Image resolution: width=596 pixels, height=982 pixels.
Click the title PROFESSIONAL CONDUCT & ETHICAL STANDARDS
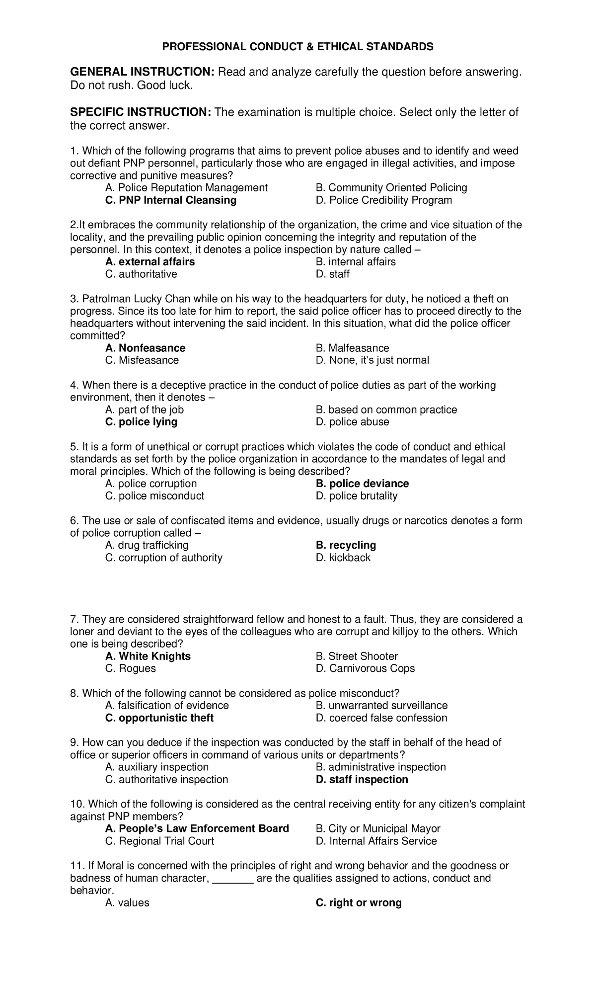(x=298, y=47)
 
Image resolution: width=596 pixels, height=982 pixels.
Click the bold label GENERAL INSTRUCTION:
(x=142, y=72)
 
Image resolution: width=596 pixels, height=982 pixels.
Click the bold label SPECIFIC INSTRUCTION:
(x=141, y=112)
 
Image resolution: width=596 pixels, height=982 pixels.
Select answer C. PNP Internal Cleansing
(x=171, y=200)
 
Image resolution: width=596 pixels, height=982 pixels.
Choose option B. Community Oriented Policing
(x=391, y=188)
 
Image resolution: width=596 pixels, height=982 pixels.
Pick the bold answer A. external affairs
(x=150, y=262)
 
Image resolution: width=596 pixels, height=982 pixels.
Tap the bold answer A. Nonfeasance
(x=146, y=348)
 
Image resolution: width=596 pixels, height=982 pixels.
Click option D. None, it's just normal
(x=372, y=360)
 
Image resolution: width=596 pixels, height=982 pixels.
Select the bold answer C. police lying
(x=141, y=422)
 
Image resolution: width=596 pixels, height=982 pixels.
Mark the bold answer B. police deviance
(x=362, y=484)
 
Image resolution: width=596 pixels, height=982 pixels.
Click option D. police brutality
(x=357, y=496)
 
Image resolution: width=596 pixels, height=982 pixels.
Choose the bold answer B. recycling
(x=346, y=545)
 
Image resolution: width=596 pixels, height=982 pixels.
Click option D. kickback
(x=343, y=558)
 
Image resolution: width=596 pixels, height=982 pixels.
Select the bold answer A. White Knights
(x=148, y=656)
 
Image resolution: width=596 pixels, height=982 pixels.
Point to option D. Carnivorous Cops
(x=365, y=668)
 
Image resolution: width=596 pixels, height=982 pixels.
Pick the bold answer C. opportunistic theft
(x=159, y=718)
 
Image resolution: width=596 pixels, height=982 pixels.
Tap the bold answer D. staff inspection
(x=362, y=780)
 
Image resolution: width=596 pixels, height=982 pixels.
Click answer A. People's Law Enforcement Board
(x=197, y=828)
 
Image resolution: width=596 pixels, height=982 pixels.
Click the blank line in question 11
(x=233, y=879)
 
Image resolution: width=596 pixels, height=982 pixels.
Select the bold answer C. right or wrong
(x=359, y=902)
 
